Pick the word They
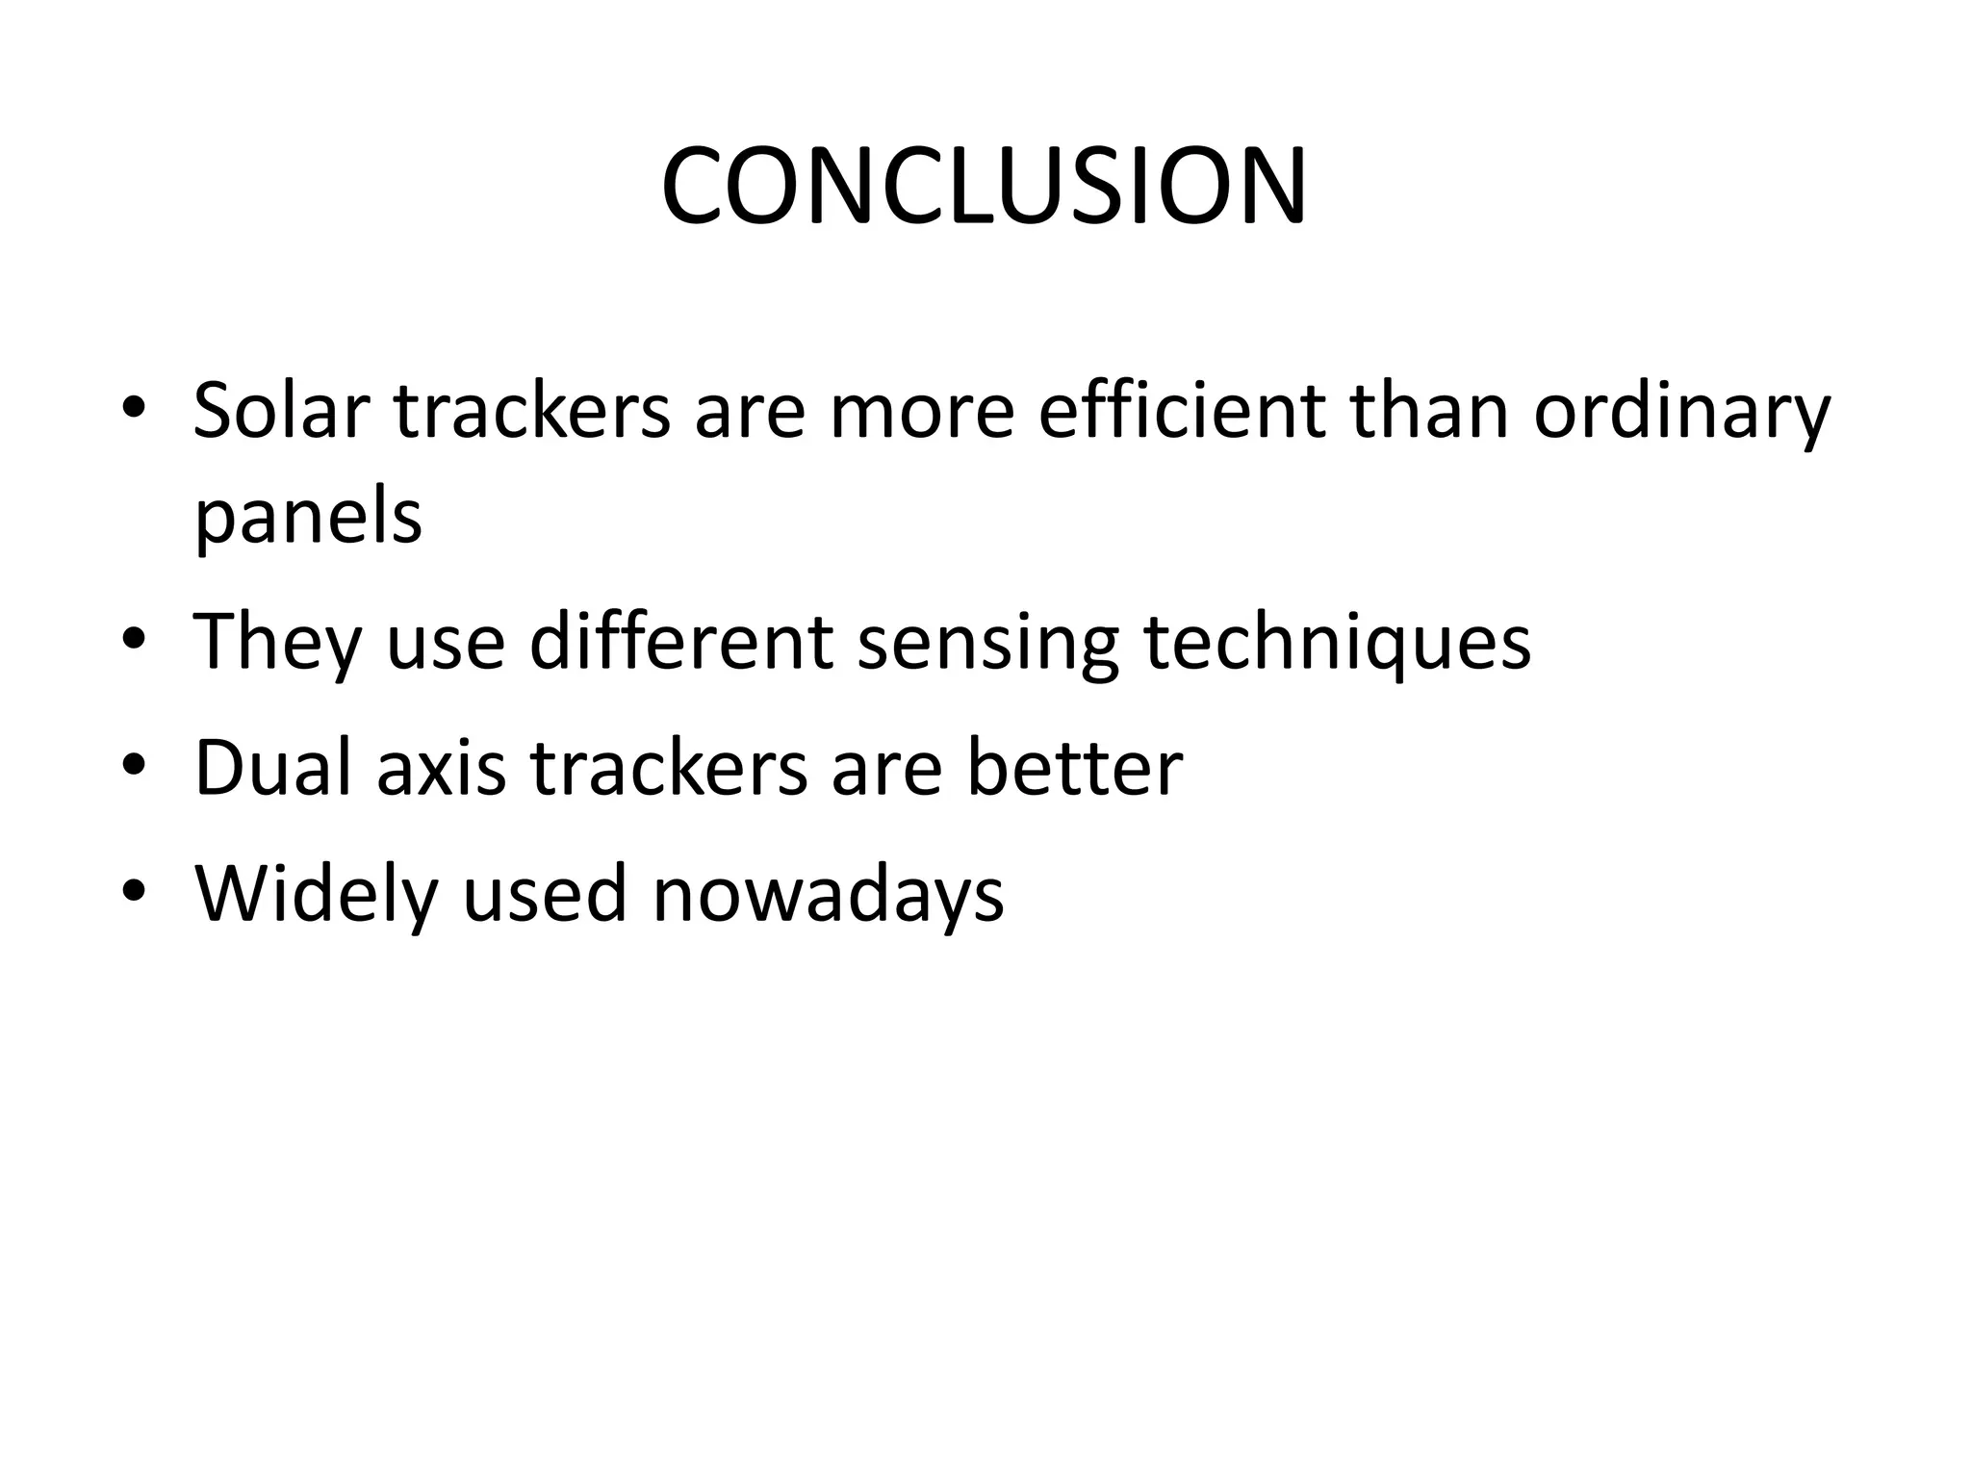pos(277,643)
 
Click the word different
pos(681,641)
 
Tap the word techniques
pos(1338,643)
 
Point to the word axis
pos(441,769)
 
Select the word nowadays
pos(828,895)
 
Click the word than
pos(1428,411)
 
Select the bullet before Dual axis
pos(134,764)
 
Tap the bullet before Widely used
pos(134,890)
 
